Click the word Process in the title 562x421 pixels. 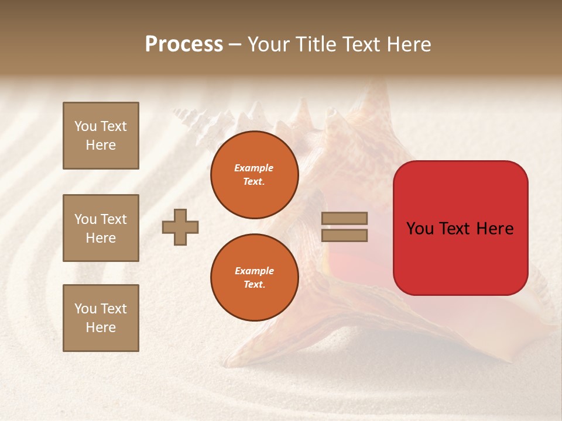[x=184, y=44]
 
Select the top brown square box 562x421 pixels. [x=101, y=136]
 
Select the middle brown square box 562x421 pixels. [x=101, y=228]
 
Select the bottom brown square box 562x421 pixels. [x=101, y=318]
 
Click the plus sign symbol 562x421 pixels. [x=180, y=227]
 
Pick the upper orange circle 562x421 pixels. [x=255, y=175]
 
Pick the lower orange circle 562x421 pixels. [x=255, y=278]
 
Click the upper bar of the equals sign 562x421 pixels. [x=345, y=219]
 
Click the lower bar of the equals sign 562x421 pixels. [x=345, y=236]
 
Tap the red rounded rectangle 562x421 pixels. [x=460, y=257]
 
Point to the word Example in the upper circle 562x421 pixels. [x=254, y=168]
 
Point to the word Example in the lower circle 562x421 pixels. [x=254, y=271]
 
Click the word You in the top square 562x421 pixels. [x=85, y=126]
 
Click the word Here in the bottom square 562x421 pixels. [x=101, y=327]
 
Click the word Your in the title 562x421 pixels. [x=269, y=44]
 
